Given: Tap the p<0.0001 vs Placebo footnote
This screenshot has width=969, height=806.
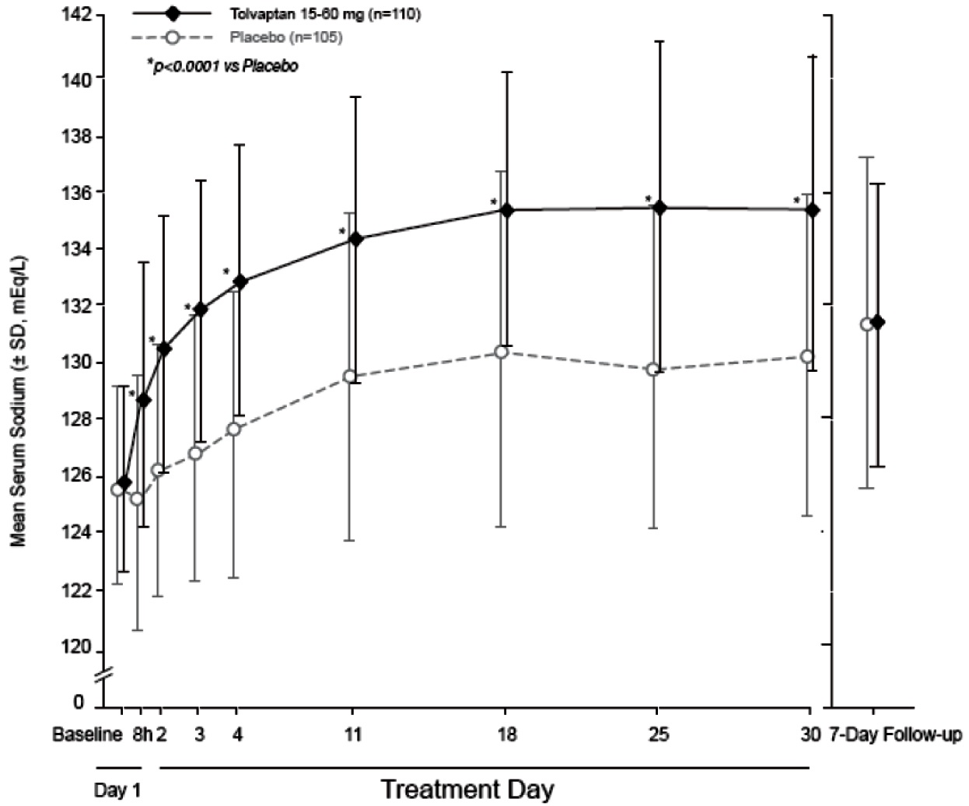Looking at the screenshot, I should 223,67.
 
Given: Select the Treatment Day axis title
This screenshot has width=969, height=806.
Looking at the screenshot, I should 467,789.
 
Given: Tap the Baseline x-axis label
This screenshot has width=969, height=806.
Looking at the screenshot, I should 87,735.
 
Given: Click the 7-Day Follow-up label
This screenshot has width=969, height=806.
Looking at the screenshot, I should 894,735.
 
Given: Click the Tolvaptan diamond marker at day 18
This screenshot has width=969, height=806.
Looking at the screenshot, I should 505,210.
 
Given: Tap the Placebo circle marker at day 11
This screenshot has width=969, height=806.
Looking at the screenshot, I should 350,377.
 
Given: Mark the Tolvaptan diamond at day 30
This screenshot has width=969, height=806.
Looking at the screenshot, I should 813,210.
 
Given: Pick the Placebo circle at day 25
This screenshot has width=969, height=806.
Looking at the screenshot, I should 653,370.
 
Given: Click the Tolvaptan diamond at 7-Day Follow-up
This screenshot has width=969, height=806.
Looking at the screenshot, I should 878,321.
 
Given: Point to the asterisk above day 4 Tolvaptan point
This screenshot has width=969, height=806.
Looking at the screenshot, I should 226,272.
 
